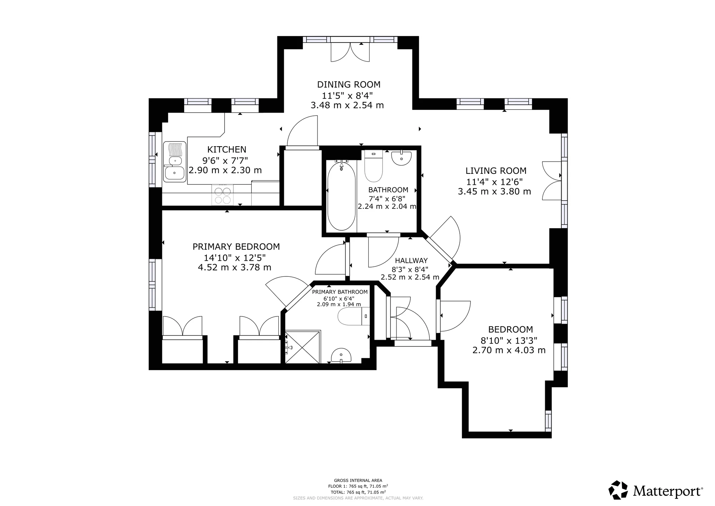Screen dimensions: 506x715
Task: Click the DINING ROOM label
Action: pos(349,85)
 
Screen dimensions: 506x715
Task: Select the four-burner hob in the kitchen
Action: pos(222,195)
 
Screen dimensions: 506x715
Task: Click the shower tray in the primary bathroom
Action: pos(303,347)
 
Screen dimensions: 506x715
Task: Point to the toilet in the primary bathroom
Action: pos(352,316)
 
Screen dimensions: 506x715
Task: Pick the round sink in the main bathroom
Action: pos(401,158)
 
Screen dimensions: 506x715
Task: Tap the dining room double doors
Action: pos(350,52)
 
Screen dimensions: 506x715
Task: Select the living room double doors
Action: pos(552,181)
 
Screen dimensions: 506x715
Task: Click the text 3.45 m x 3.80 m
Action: pos(494,192)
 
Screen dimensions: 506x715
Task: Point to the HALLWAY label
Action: pos(411,261)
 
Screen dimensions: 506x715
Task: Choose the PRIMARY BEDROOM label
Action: pos(236,247)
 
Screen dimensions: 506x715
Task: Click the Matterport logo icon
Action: pos(618,490)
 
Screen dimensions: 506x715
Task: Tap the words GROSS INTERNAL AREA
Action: pos(358,481)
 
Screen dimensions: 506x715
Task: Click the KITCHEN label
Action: pos(227,149)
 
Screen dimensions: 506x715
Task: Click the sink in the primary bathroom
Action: pos(341,356)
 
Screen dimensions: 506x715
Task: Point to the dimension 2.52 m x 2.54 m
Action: pos(410,277)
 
